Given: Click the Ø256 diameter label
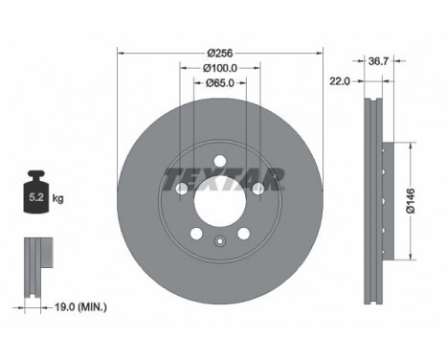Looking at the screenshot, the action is (x=220, y=53).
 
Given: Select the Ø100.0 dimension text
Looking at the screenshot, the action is (x=220, y=68).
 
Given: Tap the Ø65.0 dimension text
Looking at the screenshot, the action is (x=220, y=83).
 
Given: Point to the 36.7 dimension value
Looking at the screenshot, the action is (x=378, y=61).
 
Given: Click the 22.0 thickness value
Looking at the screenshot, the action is (x=340, y=81).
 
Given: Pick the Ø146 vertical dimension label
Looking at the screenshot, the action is (x=411, y=201).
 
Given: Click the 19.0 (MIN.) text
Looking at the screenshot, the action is (x=81, y=307).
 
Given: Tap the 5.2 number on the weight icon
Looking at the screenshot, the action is (x=36, y=197).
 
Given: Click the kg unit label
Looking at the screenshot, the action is (x=58, y=199).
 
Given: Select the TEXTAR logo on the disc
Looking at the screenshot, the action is (x=223, y=179).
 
